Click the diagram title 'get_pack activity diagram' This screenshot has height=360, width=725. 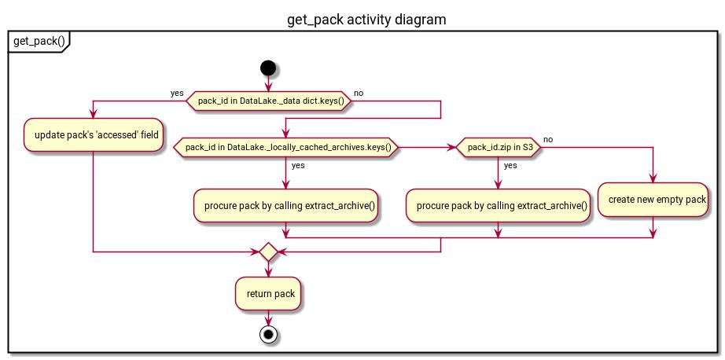(366, 19)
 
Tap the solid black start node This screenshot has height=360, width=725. (268, 68)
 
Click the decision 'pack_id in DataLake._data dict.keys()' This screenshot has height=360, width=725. (267, 101)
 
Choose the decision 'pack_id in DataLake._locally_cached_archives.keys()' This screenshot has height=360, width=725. (288, 147)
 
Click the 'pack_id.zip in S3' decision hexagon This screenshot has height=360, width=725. (499, 147)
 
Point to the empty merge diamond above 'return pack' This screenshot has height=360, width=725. (268, 252)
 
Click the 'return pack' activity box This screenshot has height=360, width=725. (268, 294)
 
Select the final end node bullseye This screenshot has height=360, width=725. (268, 334)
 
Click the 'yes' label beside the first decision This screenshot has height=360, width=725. (177, 93)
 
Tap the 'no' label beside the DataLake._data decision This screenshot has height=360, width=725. (359, 93)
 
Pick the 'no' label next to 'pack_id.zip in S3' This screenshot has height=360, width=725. (548, 139)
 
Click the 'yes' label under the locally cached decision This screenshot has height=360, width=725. (299, 166)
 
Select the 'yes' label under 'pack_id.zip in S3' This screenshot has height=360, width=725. (510, 166)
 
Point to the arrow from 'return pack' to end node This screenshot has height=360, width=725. (268, 318)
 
